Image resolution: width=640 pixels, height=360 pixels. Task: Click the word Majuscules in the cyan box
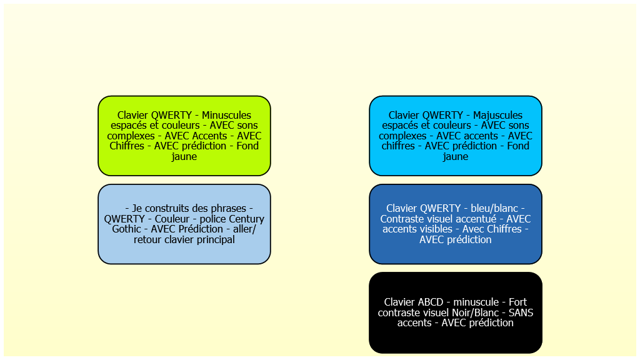coord(497,116)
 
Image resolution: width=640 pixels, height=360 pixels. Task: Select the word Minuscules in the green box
coord(226,115)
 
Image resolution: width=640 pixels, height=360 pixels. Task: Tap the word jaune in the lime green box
coord(184,157)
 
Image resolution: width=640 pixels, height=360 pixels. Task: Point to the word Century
coord(246,219)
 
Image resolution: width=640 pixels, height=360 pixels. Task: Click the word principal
coord(216,240)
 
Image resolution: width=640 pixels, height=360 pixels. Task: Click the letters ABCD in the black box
coord(431,302)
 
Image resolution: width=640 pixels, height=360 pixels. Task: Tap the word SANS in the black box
coord(521,312)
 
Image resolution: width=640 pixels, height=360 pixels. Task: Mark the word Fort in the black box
coord(517,302)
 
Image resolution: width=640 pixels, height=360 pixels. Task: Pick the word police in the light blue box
coord(212,219)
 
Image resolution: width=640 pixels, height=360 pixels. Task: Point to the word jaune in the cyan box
coord(456,157)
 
